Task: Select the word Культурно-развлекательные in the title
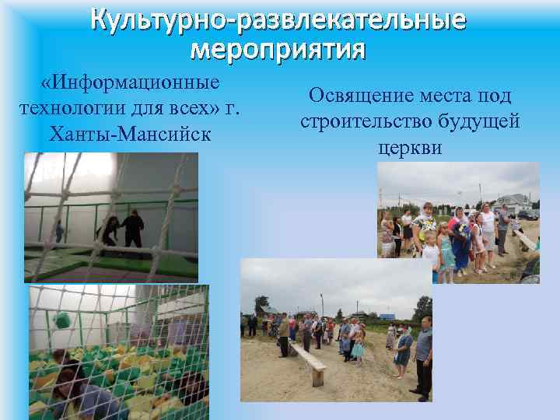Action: [x=278, y=19]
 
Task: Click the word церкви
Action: [x=410, y=147]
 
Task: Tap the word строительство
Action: [x=362, y=122]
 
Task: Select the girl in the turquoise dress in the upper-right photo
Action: [x=447, y=249]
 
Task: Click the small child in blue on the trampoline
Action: [x=59, y=231]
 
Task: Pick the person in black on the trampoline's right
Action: [x=133, y=229]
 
